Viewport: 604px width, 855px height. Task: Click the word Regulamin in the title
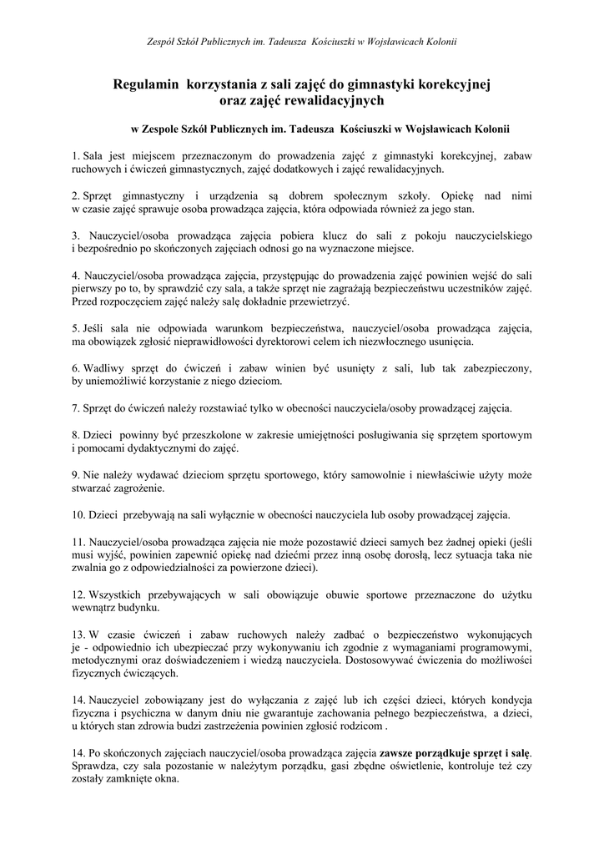coord(147,84)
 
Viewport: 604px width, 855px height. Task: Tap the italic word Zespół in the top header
coord(162,40)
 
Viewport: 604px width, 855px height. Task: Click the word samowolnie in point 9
coord(371,475)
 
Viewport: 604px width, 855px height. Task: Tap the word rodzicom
coord(360,726)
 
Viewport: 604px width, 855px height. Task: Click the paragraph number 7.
coord(75,408)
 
